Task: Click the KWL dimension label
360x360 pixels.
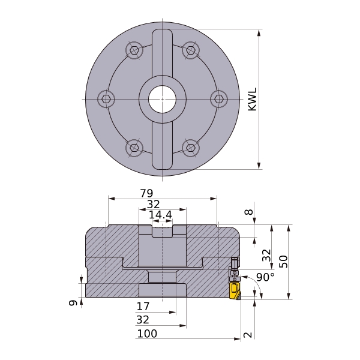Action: (253, 99)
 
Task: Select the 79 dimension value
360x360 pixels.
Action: (146, 193)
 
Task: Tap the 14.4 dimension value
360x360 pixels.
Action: (160, 215)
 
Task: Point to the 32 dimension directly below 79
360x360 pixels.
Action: (153, 204)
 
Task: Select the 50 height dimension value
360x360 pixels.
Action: (284, 261)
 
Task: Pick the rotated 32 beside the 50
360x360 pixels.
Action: (267, 256)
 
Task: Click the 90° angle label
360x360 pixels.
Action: (265, 277)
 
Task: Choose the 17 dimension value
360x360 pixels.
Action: (143, 306)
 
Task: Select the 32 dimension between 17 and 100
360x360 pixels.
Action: (143, 320)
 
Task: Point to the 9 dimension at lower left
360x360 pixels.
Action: (73, 304)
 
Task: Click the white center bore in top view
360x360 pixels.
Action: (162, 99)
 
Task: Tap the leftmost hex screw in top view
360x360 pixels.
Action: (106, 99)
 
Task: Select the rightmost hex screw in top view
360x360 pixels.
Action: (218, 99)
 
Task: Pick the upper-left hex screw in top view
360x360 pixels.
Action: (134, 50)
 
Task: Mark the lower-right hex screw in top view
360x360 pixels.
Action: (190, 147)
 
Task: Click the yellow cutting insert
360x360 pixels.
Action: (233, 290)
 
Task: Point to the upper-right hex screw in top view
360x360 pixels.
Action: (190, 50)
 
